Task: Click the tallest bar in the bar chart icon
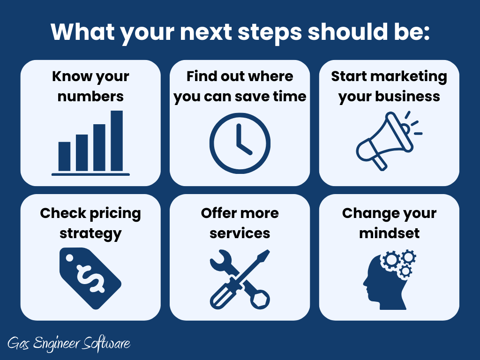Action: (117, 141)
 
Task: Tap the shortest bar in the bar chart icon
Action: (64, 157)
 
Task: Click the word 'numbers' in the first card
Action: (90, 97)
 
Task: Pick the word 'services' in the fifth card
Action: (240, 233)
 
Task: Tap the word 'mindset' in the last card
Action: (389, 233)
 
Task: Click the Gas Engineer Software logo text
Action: (69, 344)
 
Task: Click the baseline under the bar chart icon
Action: (90, 174)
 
